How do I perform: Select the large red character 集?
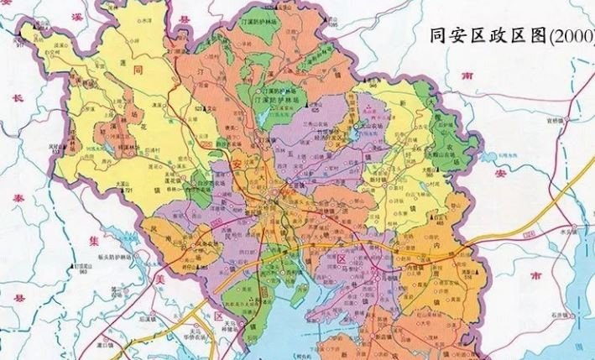point(22,243)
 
